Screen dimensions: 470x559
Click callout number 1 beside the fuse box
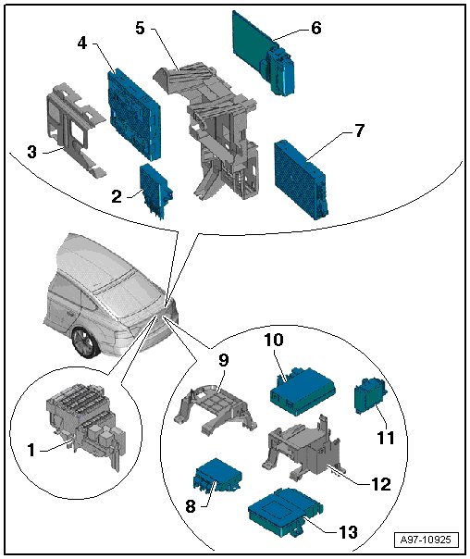click(31, 450)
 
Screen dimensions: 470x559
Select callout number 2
click(117, 196)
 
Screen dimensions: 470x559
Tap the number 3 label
click(31, 152)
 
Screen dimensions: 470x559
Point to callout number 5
click(140, 28)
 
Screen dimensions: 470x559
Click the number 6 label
click(316, 28)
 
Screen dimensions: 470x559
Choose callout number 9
click(223, 360)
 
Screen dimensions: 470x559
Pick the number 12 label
click(381, 484)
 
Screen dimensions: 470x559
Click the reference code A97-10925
click(425, 540)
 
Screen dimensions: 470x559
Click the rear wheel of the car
click(85, 342)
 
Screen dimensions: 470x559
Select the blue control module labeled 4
click(135, 113)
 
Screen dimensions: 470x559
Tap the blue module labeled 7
click(302, 179)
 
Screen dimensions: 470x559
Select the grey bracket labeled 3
click(76, 130)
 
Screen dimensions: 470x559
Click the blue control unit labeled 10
click(303, 391)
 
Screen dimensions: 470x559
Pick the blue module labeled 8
click(217, 476)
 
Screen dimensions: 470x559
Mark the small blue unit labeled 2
click(156, 191)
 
